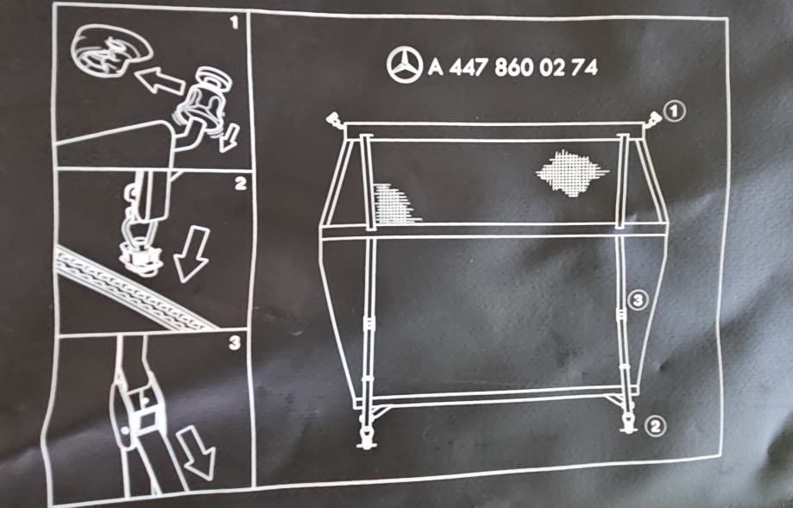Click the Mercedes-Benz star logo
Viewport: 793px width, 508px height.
click(x=405, y=66)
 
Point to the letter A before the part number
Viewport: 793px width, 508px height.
click(x=436, y=67)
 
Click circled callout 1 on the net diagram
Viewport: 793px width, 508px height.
click(x=675, y=111)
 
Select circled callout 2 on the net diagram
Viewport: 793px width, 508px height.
click(x=655, y=427)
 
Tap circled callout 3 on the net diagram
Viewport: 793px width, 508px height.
click(x=639, y=300)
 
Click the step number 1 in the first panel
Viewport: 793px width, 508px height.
click(x=234, y=22)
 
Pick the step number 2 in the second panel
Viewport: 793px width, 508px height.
click(x=240, y=183)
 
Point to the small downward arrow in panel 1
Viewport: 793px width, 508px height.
click(x=230, y=139)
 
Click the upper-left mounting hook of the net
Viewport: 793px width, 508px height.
click(x=335, y=119)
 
